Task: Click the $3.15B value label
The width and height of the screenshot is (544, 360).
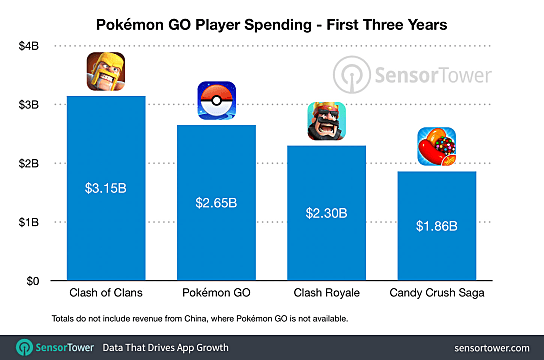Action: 106,186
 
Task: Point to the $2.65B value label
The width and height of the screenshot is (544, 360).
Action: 217,202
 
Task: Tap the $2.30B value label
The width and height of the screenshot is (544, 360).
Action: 326,212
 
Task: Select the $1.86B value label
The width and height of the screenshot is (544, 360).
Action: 437,226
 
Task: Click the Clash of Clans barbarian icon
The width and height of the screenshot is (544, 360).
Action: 106,72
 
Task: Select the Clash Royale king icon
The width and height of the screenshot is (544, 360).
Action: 326,122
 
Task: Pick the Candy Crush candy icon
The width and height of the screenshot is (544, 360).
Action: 437,148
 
